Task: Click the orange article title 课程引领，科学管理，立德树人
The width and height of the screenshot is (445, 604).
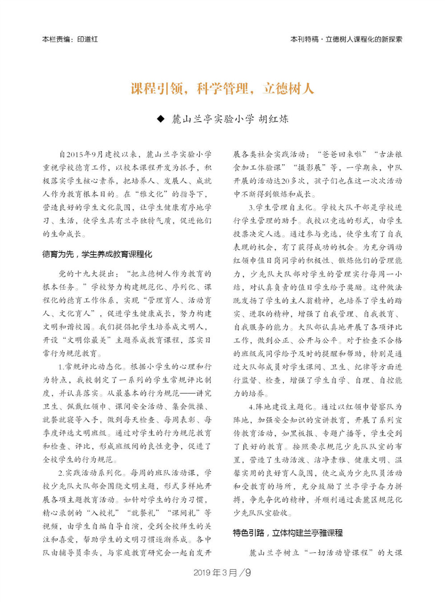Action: (x=222, y=89)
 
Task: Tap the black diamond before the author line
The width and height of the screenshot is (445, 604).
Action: (x=161, y=119)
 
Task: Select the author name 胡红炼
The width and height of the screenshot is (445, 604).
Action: (x=273, y=119)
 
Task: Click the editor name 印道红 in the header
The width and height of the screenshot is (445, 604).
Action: (x=87, y=39)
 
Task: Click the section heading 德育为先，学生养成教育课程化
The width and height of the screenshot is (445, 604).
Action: (x=97, y=254)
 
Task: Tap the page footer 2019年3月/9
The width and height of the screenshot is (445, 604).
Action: (x=222, y=572)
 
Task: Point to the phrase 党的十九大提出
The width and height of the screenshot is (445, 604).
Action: (x=86, y=274)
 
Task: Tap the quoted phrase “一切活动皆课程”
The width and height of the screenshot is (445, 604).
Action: (x=339, y=552)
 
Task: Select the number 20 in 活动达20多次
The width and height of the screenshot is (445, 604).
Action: (x=286, y=181)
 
